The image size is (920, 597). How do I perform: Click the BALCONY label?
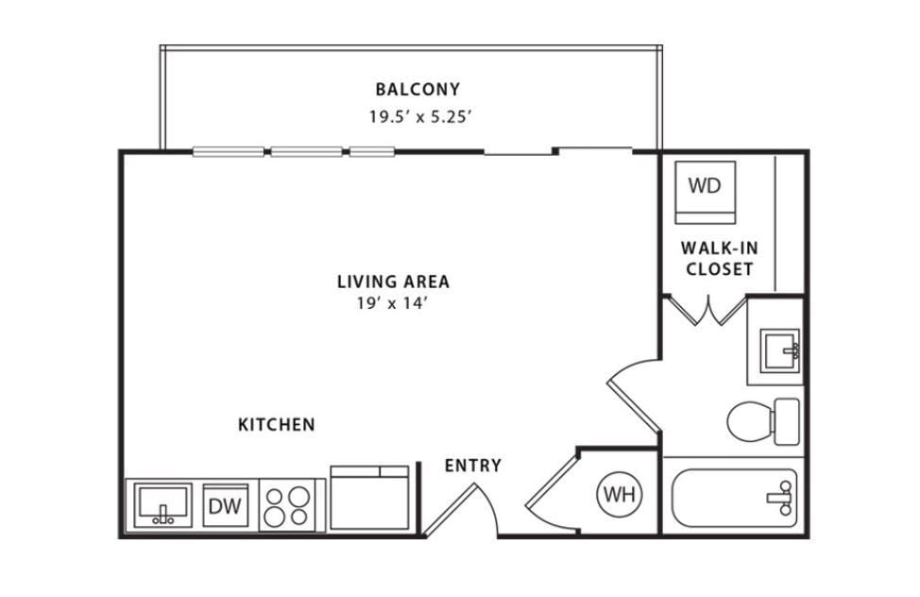pos(417,90)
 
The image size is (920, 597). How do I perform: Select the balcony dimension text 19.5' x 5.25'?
pos(418,118)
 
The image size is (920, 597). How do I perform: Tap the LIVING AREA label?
pos(393,281)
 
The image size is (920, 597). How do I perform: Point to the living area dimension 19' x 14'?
pos(393,303)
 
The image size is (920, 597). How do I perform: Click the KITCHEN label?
pos(276,425)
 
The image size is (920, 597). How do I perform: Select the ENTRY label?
pos(472,466)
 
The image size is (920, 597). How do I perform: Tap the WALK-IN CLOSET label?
pos(720,259)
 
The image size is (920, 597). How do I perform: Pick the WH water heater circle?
pos(620,494)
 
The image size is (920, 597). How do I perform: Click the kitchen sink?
pos(162,505)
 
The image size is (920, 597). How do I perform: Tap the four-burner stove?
pos(287,505)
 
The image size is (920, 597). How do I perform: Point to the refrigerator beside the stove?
pos(369,498)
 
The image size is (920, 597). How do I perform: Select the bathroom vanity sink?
pos(779,350)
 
